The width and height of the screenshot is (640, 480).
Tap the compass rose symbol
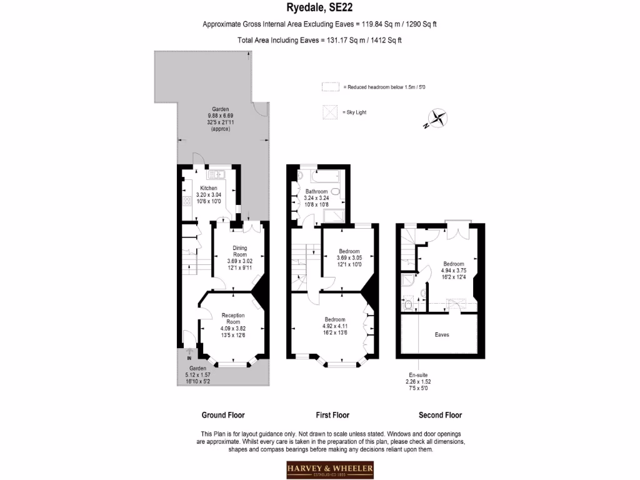tap(436, 117)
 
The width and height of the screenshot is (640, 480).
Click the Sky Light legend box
tap(329, 112)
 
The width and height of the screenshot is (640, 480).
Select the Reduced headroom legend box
tap(329, 86)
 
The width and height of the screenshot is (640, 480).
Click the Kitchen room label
tap(208, 188)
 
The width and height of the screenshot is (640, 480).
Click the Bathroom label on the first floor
tap(316, 191)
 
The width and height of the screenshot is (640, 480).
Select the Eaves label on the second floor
tap(442, 334)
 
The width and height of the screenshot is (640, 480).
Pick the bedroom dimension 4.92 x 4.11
tap(334, 326)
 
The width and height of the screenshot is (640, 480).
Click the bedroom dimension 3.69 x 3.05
tap(349, 257)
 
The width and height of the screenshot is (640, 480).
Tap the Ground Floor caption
tap(222, 415)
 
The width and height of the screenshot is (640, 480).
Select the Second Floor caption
tap(440, 415)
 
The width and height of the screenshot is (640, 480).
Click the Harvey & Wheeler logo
tap(330, 469)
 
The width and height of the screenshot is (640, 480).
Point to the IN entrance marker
tap(189, 359)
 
